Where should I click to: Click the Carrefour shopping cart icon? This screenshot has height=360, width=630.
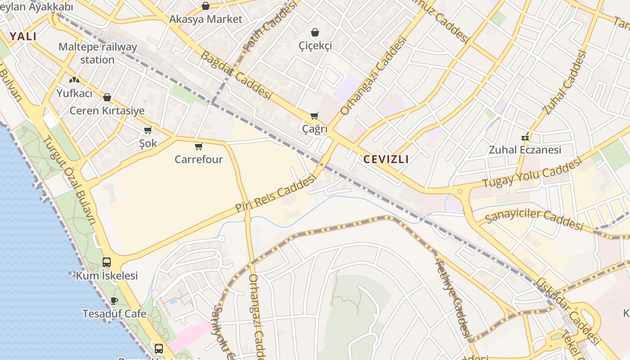click(198, 146)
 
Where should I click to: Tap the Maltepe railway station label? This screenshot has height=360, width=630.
click(98, 53)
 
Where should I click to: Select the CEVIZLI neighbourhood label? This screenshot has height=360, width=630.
click(386, 159)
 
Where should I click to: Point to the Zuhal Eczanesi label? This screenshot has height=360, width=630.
click(525, 150)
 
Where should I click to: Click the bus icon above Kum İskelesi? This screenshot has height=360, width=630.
click(107, 262)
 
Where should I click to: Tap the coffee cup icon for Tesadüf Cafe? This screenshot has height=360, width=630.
click(114, 301)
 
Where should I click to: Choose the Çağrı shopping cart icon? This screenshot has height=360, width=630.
click(315, 116)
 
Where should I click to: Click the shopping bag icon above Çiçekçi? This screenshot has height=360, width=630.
click(315, 32)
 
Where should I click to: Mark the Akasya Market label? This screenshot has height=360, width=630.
click(206, 19)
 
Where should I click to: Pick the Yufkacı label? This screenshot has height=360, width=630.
click(74, 93)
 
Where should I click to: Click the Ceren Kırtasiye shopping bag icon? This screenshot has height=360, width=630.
click(107, 97)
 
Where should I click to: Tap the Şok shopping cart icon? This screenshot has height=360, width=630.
click(148, 130)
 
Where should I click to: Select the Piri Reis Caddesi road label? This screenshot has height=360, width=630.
click(275, 193)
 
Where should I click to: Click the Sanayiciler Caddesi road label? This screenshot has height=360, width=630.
click(534, 219)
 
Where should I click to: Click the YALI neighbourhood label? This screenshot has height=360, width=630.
click(22, 36)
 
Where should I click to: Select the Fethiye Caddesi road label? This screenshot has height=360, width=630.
click(453, 299)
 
